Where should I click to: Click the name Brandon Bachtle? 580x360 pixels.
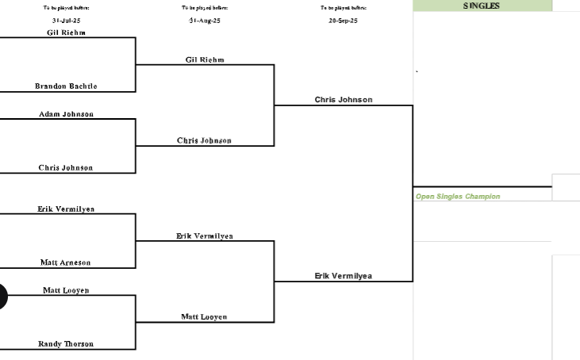pos(66,86)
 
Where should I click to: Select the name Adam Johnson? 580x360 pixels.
pos(66,114)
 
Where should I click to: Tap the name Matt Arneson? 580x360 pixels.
pos(66,262)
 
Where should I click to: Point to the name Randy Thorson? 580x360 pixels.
pos(66,344)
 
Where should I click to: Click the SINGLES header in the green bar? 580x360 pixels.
pos(482,6)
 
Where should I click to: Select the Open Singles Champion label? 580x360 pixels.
pos(458,197)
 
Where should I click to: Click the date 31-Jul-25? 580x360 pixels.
pos(66,21)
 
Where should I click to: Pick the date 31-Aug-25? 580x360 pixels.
pos(205,21)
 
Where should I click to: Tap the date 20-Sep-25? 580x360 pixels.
pos(343,21)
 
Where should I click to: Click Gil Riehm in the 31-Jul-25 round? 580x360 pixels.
pos(66,33)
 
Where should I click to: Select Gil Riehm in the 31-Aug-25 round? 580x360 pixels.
pos(205,59)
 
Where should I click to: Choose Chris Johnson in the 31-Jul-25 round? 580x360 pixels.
pos(66,168)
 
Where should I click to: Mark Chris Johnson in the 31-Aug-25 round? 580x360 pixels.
pos(204,141)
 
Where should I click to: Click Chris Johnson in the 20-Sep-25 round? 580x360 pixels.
pos(343,100)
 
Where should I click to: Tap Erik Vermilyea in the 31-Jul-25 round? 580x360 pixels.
pos(66,209)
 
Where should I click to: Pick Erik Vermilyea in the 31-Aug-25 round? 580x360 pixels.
pos(205,236)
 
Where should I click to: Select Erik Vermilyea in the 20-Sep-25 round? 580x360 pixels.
pos(343,276)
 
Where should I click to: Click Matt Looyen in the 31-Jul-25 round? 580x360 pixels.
pos(66,291)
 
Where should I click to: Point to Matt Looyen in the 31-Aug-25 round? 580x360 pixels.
pos(204,317)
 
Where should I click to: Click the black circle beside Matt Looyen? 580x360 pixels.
pos(2,297)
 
